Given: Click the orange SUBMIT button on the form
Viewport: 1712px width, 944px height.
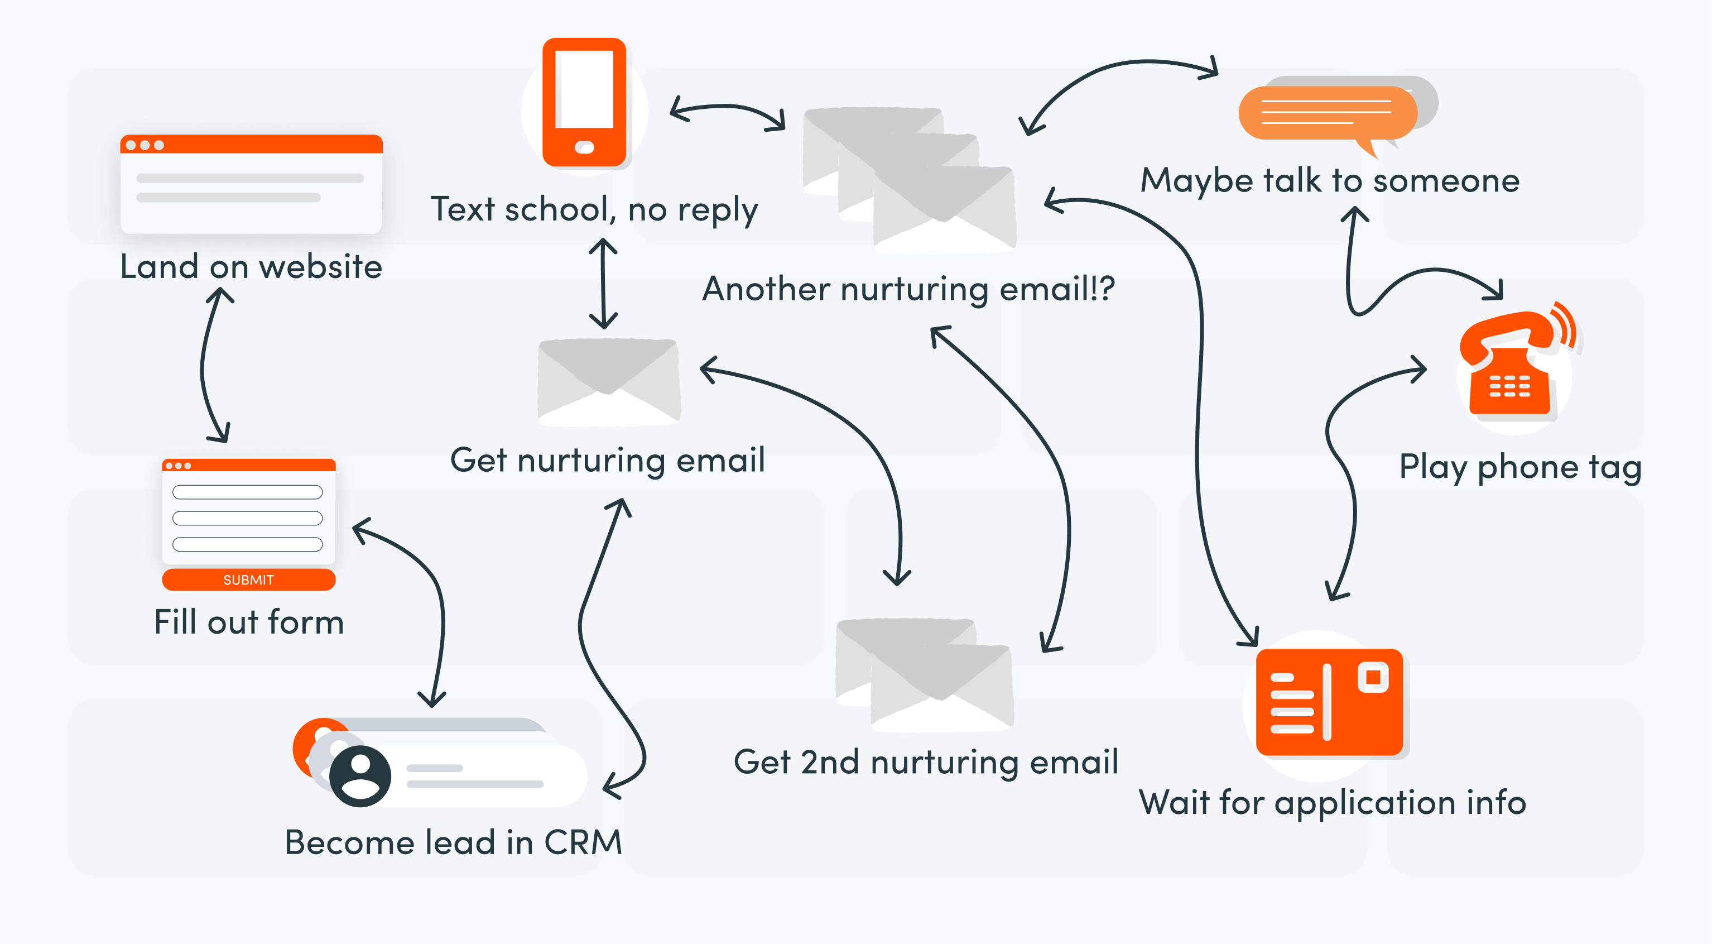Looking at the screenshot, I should [248, 579].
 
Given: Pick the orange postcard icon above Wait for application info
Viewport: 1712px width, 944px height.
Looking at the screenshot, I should [1329, 702].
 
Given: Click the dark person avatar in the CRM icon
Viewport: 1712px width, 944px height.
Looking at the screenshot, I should [360, 776].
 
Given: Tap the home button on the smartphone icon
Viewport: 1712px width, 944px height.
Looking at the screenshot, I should [584, 147].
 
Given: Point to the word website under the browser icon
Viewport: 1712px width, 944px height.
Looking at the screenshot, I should [320, 267].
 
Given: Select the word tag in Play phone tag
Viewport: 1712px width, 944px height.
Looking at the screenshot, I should [1615, 467].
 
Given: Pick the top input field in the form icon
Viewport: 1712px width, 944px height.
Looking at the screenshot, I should [247, 492].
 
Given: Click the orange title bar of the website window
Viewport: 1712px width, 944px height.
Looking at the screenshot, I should [251, 144].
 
